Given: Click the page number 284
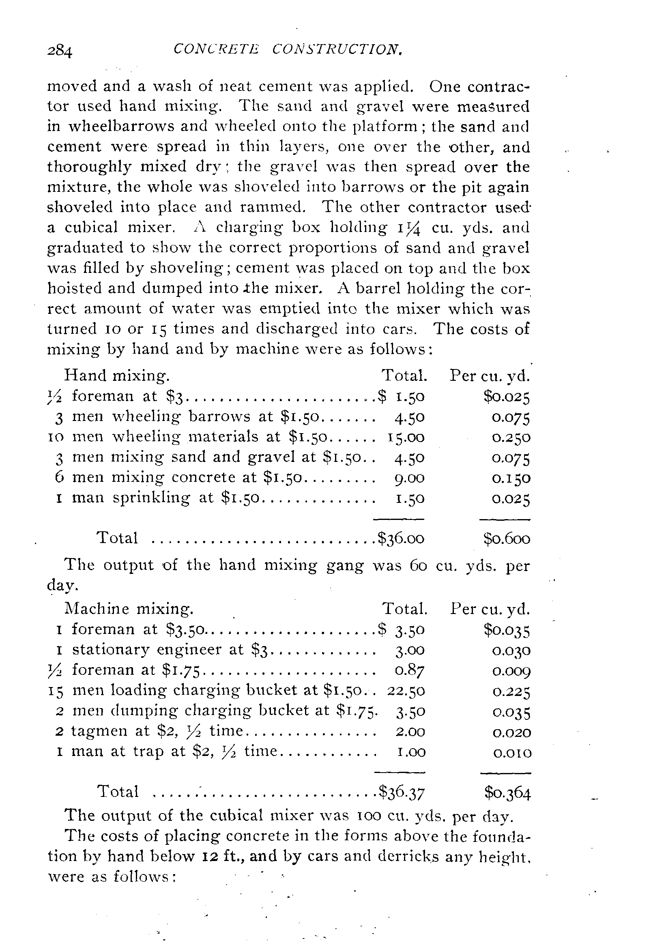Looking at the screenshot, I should point(60,52).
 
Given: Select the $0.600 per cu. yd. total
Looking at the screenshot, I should point(507,539).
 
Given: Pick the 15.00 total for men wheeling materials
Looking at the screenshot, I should point(406,437).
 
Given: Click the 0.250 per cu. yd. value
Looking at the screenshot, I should point(511,438).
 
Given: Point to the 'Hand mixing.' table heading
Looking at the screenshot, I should point(117,376).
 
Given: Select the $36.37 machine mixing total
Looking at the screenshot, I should point(402,792).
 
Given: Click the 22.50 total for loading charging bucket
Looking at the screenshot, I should point(406,691).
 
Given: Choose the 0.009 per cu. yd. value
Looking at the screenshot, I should point(511,670).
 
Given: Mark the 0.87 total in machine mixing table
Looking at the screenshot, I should point(410,670).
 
